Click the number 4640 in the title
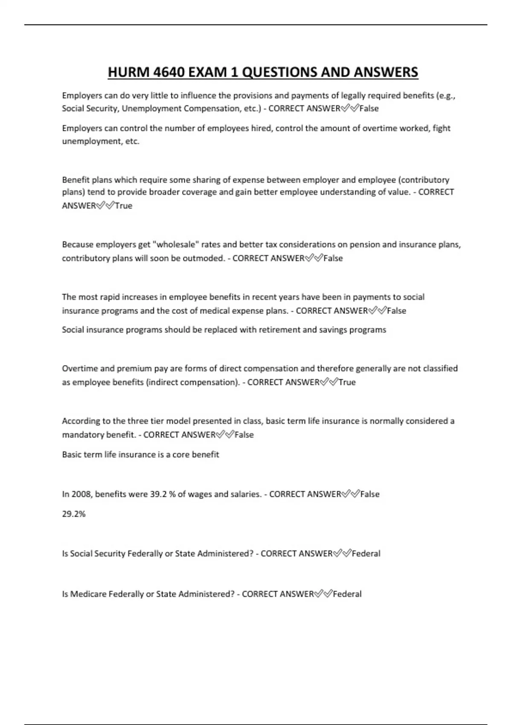click(x=169, y=72)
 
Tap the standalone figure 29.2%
click(x=74, y=514)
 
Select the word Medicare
click(x=88, y=594)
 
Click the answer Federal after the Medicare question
click(x=347, y=594)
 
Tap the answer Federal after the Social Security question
click(x=366, y=554)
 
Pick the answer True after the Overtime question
click(x=347, y=382)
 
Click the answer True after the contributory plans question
click(x=124, y=206)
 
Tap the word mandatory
click(x=80, y=435)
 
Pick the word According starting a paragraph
click(x=81, y=421)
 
